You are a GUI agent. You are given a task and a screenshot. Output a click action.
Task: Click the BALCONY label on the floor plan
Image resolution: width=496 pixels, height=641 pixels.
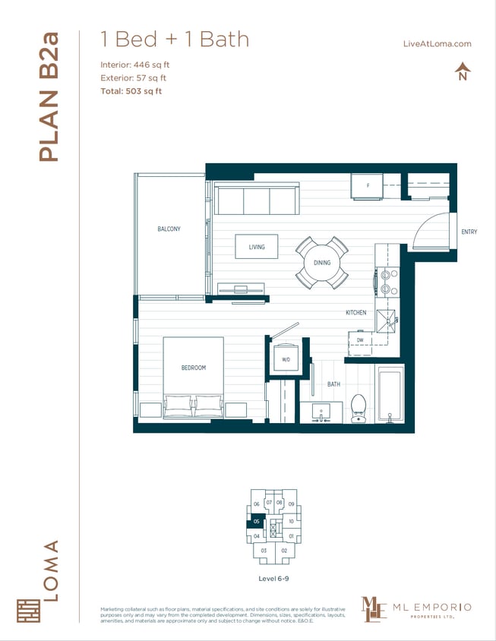169,229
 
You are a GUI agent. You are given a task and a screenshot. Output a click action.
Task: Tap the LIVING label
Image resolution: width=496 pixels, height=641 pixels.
257,247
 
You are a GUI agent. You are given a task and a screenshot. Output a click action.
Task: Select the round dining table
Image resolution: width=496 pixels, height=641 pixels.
322,263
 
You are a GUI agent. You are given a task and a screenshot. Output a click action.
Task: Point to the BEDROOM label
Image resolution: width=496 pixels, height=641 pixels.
194,368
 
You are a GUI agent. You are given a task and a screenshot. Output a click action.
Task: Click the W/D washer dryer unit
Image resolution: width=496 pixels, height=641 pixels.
286,358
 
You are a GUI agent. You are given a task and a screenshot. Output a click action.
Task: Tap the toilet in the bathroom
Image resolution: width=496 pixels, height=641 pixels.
359,409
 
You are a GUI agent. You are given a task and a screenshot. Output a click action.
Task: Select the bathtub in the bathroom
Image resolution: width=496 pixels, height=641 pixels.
390,393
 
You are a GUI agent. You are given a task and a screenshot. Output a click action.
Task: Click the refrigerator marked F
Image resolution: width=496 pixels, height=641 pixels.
368,185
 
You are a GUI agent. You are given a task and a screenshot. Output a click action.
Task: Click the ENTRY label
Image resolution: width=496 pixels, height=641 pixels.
469,232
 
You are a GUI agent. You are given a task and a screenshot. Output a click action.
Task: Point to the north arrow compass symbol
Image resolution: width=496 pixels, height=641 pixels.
462,73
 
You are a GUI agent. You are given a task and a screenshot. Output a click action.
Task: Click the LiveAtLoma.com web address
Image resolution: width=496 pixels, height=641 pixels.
437,43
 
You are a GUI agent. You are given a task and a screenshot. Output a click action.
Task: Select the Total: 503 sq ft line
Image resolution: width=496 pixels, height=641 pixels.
131,91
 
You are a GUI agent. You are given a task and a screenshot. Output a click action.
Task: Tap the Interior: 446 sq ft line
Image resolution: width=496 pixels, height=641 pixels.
134,65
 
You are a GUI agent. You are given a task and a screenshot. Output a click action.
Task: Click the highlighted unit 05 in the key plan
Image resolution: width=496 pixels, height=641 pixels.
257,521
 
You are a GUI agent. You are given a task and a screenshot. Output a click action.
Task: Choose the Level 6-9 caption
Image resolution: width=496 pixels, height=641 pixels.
274,579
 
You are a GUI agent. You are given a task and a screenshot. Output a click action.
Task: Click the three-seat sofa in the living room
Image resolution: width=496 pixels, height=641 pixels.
257,201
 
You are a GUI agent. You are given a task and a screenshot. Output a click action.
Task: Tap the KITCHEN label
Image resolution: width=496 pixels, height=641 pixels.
355,312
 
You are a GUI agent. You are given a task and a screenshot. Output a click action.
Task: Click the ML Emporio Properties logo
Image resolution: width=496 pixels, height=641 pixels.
415,608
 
